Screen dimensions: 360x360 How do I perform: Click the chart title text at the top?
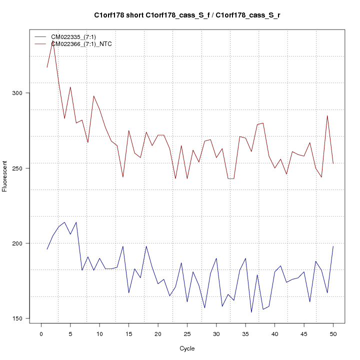tap(187, 15)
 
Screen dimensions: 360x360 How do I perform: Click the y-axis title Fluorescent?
tap(5, 176)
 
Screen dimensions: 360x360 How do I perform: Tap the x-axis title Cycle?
tap(187, 348)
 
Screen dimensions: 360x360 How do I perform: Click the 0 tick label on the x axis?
tap(41, 334)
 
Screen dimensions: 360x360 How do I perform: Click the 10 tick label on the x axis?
tap(99, 334)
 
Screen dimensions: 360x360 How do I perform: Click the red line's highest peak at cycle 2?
tap(52, 42)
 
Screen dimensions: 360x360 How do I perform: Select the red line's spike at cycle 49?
tap(327, 115)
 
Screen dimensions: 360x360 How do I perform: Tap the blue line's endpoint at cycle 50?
tap(333, 246)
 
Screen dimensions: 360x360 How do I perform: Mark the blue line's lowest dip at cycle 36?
tap(251, 312)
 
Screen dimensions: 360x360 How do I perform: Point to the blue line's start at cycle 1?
tap(47, 249)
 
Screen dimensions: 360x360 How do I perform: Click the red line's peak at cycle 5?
tap(70, 87)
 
